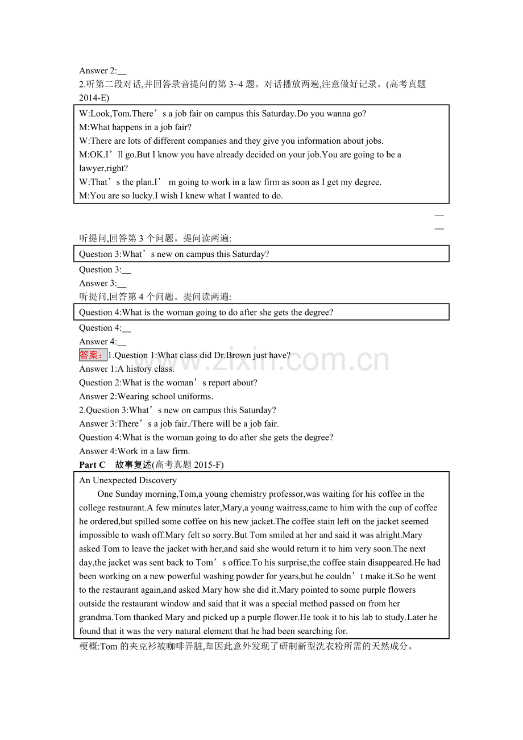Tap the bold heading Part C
92,465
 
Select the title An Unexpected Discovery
128,480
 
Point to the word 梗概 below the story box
88,646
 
